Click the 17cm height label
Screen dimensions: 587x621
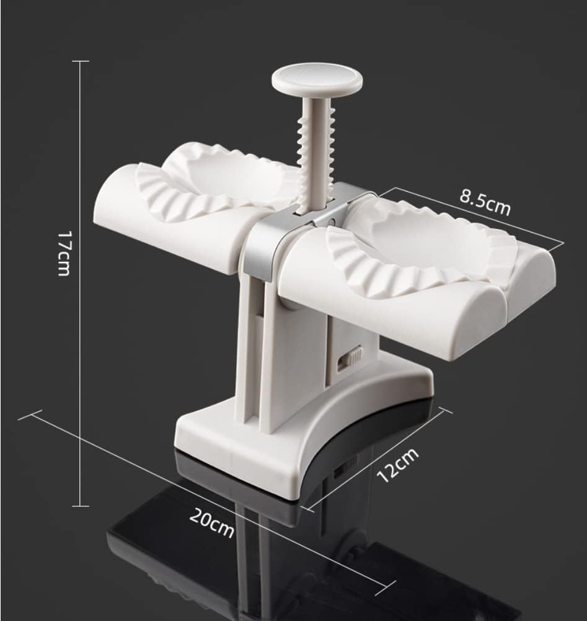(x=64, y=254)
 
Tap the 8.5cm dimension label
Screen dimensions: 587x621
(x=485, y=203)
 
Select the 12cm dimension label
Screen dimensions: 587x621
(x=397, y=465)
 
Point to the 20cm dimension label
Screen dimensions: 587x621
(x=211, y=524)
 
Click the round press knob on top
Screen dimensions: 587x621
(x=317, y=81)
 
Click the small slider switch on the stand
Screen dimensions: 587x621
(x=350, y=358)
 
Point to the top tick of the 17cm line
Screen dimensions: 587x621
(x=81, y=61)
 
